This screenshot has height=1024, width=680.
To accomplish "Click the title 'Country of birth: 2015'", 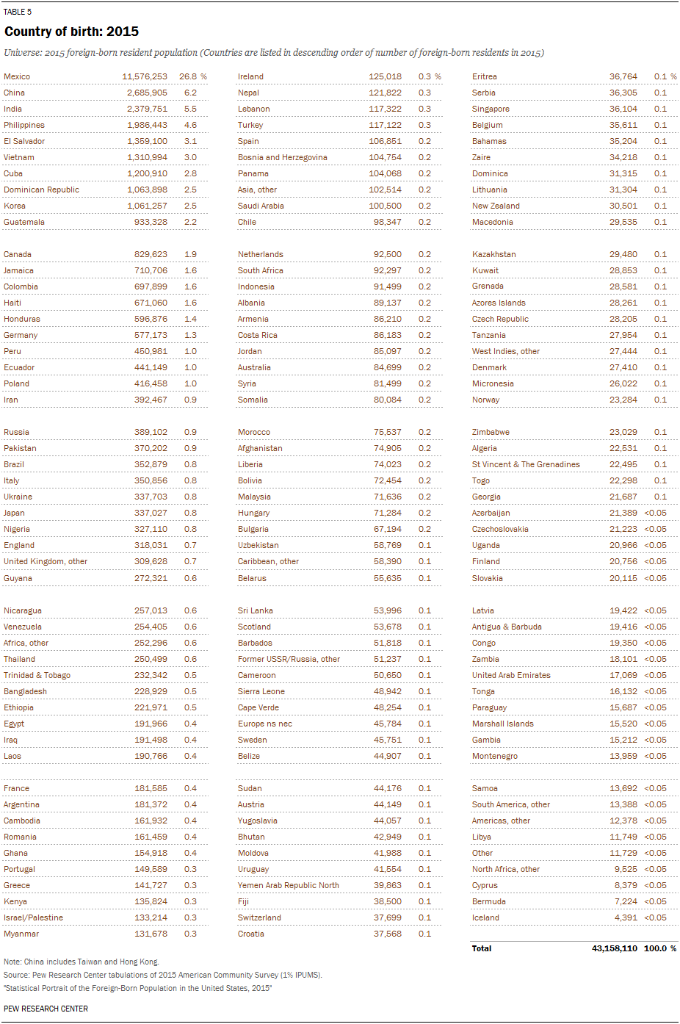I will tap(71, 32).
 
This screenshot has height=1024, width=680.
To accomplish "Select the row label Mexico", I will tap(17, 76).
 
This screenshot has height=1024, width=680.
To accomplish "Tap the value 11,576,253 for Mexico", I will tap(145, 76).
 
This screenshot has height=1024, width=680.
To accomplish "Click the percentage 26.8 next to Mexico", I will tap(188, 76).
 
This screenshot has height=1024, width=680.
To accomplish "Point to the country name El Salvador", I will tap(24, 141).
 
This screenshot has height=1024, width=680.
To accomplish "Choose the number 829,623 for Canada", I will tap(151, 254).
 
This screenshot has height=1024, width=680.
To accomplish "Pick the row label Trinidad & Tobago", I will tap(37, 675).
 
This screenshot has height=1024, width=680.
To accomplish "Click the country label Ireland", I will tap(250, 76).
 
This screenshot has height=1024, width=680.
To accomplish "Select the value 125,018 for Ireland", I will tap(385, 76).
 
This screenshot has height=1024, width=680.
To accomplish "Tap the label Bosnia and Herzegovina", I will tap(282, 157).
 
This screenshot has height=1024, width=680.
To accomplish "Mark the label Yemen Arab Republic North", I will tap(288, 885).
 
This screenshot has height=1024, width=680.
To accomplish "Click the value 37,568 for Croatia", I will tap(387, 934).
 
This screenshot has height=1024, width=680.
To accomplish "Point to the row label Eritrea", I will tap(484, 76).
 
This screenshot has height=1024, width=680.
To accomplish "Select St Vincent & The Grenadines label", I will tap(526, 464).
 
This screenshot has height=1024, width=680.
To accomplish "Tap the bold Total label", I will tap(482, 948).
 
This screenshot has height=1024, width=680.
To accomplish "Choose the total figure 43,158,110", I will tap(614, 948).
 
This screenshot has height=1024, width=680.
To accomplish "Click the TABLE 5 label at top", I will tap(18, 12).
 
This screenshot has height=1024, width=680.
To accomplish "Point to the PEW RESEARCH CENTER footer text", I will tap(46, 1009).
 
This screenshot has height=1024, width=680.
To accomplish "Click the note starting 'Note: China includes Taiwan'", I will tap(81, 962).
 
